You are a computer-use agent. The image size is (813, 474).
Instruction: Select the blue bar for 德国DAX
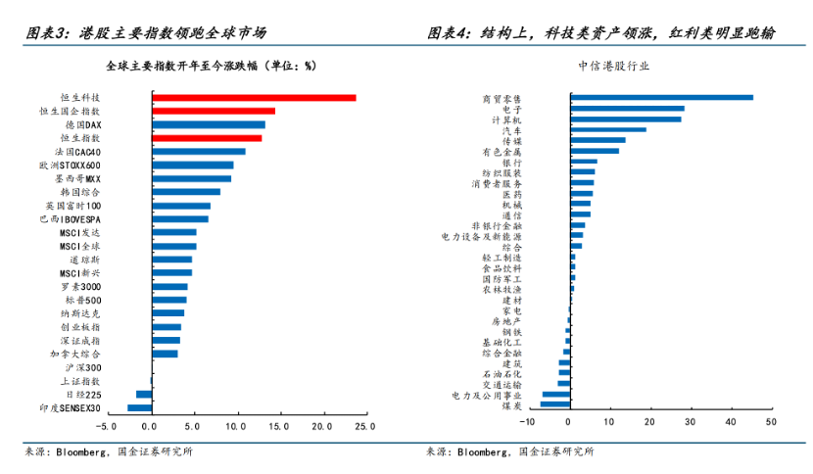point(208,124)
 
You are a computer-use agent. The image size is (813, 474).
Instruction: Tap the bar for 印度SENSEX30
point(139,407)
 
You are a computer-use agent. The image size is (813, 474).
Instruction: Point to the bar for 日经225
point(144,394)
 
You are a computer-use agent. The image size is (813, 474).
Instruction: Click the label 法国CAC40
point(78,153)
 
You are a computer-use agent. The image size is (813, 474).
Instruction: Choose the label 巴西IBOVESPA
point(71,219)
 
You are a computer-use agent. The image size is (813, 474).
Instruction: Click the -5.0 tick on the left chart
point(107,427)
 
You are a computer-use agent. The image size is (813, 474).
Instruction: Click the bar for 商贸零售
point(661,97)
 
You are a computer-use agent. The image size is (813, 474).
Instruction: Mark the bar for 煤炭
point(554,404)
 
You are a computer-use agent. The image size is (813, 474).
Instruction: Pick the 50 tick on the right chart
point(771,422)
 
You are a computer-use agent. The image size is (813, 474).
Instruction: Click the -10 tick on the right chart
point(528,422)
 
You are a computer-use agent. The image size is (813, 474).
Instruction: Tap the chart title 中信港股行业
point(614,66)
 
